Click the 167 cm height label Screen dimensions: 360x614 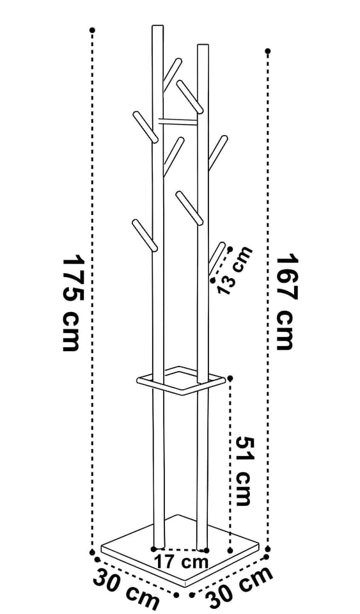(x=288, y=302)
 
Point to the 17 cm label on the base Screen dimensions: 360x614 (x=181, y=562)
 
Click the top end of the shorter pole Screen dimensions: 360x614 (x=203, y=45)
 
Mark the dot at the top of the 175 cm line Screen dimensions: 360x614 (x=92, y=30)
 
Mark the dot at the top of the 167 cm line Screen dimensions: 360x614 (x=268, y=51)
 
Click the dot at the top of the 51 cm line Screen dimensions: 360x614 (x=230, y=378)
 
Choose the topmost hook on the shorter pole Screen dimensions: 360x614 (x=190, y=97)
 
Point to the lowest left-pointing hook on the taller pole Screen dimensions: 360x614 (x=145, y=235)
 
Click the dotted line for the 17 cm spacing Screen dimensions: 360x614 (x=180, y=549)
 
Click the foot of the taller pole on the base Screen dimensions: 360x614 (x=159, y=547)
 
